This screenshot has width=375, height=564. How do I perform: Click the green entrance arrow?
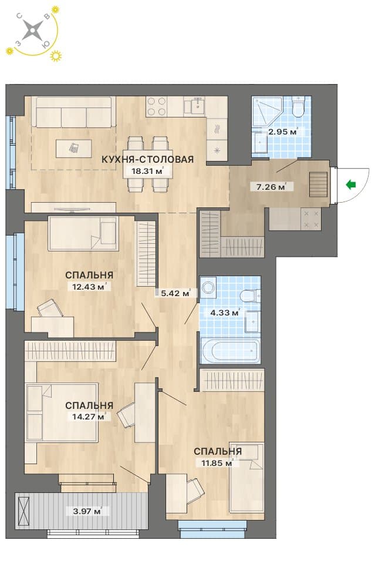point(350,185)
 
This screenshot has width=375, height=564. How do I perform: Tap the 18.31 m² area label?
point(148,171)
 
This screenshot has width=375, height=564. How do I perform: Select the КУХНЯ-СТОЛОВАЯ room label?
point(148,159)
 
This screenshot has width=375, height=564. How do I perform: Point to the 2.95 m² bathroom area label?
point(283,132)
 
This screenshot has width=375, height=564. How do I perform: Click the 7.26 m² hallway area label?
point(271,186)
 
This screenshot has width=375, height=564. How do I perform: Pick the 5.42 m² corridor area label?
point(175,293)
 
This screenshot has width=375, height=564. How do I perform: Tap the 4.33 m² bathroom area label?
point(225,313)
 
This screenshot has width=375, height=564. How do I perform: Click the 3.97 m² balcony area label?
point(87,511)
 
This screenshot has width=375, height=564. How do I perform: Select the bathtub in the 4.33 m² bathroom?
point(230,351)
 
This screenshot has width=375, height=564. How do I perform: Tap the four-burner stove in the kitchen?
point(156,106)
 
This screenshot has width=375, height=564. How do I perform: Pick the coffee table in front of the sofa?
point(73,149)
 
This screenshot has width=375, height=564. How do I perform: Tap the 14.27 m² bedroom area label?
point(89,417)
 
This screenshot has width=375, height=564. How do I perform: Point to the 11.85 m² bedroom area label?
point(217,463)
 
